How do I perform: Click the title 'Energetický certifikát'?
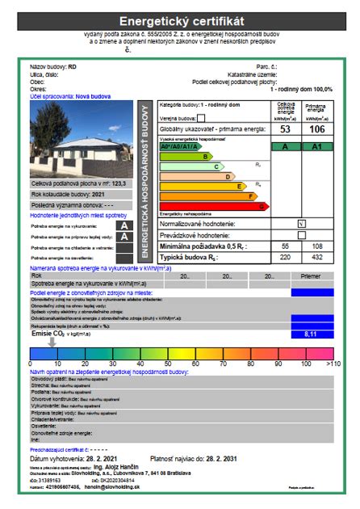[180, 21]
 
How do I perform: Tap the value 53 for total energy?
[285, 129]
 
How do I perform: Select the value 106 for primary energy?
[316, 129]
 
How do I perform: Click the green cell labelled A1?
[316, 146]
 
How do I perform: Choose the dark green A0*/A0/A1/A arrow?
[178, 147]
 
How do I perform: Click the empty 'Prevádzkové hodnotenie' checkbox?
[301, 234]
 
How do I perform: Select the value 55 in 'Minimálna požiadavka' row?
[285, 245]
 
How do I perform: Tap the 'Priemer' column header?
[311, 276]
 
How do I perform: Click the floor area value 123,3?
[96, 184]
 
